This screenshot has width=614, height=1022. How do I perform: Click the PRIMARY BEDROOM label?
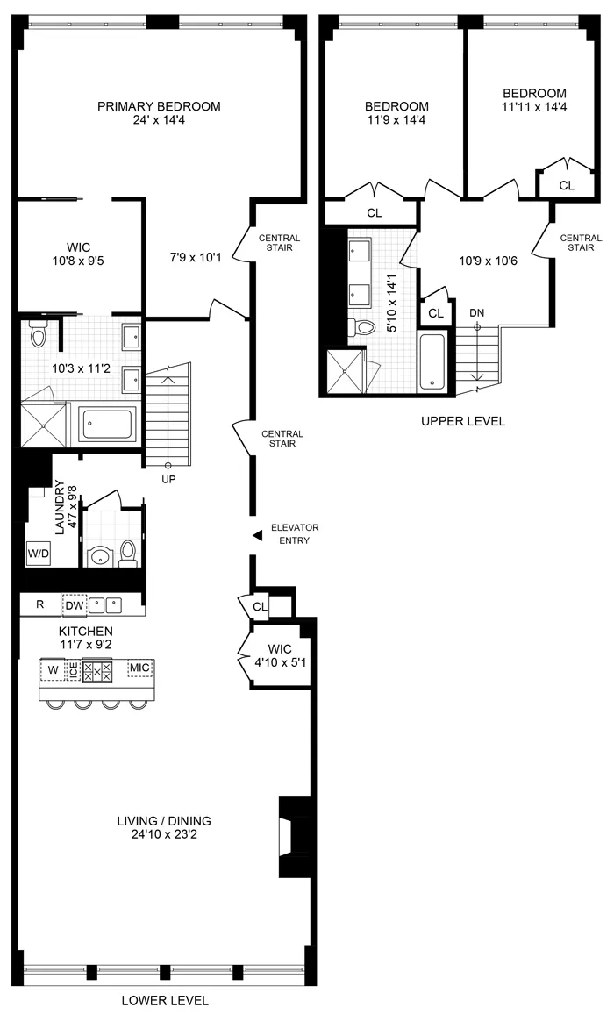[x=159, y=106]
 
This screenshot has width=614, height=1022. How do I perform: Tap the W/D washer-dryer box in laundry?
[x=38, y=554]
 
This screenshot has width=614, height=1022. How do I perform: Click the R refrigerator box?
[x=39, y=605]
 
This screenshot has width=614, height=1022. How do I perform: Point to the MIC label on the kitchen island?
[x=139, y=668]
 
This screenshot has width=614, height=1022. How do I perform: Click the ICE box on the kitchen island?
[x=74, y=671]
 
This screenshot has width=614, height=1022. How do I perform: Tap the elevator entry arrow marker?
[x=256, y=535]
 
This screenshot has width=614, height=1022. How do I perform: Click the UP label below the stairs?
[x=169, y=479]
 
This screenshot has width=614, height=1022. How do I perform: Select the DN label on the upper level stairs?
[x=476, y=313]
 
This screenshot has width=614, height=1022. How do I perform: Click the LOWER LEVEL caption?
[x=166, y=1000]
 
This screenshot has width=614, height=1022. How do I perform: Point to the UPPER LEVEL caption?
[x=462, y=421]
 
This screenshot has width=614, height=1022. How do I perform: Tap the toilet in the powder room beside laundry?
[x=128, y=551]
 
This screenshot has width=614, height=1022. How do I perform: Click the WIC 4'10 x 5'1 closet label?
[x=279, y=654]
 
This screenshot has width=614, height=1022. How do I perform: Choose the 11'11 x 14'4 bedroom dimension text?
[x=534, y=108]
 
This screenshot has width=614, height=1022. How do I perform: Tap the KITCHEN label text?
[x=85, y=632]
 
